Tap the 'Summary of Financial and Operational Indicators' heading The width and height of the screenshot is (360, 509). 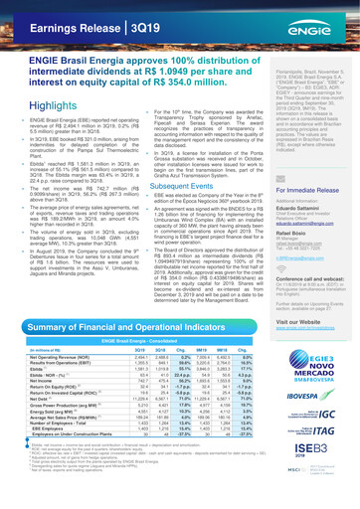coord(129,355)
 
